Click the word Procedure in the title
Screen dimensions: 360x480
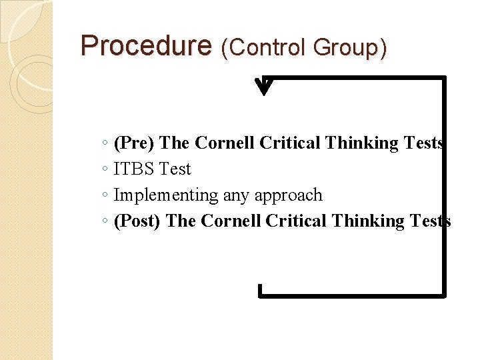(x=145, y=46)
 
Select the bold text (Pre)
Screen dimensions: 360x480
(x=135, y=143)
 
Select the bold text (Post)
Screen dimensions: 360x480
(x=137, y=221)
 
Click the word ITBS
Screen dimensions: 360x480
(x=134, y=169)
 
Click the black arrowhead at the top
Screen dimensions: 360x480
(x=265, y=87)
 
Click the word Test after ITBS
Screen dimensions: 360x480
(x=174, y=169)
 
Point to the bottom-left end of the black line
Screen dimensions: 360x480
(x=261, y=291)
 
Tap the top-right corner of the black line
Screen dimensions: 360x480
(x=443, y=79)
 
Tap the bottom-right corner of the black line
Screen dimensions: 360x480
(x=443, y=294)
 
